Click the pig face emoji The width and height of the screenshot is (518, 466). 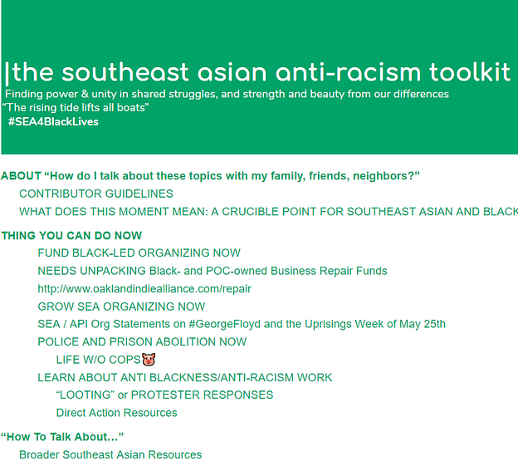149,359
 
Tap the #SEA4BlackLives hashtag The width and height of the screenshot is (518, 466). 53,121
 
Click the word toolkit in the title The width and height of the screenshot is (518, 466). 470,72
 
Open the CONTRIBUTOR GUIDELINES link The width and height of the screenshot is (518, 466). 96,194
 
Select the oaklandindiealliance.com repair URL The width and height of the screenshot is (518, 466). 144,289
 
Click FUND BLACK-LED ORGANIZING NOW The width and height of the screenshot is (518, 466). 139,253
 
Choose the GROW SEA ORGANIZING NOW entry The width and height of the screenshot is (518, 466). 121,307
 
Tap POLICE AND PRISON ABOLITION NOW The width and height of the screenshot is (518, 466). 142,341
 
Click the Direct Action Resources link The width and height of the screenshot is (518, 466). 116,413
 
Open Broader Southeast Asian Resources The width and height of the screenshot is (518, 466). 110,454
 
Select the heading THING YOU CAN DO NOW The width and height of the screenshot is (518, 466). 71,236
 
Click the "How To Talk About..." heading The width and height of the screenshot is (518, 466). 62,437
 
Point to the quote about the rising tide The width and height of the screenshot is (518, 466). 76,107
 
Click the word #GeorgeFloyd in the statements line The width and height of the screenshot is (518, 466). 225,324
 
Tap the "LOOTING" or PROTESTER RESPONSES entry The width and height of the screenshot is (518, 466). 164,395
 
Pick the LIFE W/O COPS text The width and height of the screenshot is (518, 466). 99,360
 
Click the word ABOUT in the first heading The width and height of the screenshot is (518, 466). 21,176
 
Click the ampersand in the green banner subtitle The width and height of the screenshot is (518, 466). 85,94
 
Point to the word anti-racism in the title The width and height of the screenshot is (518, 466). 348,72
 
